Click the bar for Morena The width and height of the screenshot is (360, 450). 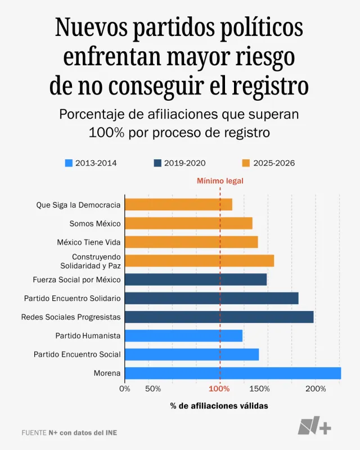click(232, 373)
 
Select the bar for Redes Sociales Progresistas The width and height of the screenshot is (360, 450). click(219, 317)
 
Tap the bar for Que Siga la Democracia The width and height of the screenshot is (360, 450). click(178, 205)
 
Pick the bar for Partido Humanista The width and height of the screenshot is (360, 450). click(183, 335)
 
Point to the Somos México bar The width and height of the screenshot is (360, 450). click(188, 223)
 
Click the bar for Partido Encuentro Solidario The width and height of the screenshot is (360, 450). click(211, 298)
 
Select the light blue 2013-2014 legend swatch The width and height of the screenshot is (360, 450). click(69, 163)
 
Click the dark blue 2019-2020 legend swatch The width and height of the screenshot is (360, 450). click(157, 163)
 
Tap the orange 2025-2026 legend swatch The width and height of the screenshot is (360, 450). click(246, 163)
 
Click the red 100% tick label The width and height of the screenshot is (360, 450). click(219, 389)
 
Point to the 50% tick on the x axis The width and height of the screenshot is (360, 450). click(153, 389)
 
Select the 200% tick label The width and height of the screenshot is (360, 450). click(316, 389)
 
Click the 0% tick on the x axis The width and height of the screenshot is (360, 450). click(125, 389)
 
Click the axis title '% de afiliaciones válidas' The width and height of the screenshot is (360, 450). click(219, 406)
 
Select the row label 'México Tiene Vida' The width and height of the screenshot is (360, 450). click(89, 242)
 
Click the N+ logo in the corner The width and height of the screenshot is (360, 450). click(314, 426)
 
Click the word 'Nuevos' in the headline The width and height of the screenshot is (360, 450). click(92, 28)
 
